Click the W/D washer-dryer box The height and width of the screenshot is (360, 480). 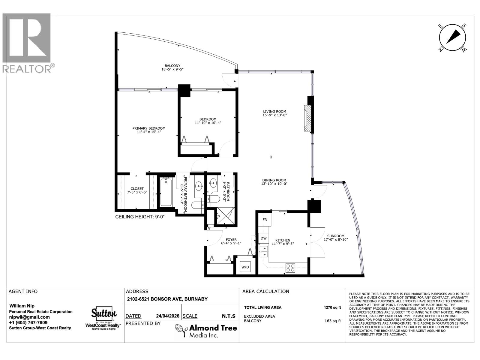pyautogui.click(x=245, y=267)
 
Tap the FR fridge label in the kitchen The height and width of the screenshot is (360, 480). pyautogui.click(x=265, y=220)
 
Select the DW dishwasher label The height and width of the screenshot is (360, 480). pyautogui.click(x=263, y=238)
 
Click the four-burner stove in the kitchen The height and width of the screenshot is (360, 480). pyautogui.click(x=290, y=267)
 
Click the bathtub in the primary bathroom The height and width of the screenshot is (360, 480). pyautogui.click(x=166, y=192)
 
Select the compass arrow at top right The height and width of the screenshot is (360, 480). pyautogui.click(x=453, y=37)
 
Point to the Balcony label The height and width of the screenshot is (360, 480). pyautogui.click(x=172, y=66)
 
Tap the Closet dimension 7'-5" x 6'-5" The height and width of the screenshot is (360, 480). pyautogui.click(x=137, y=192)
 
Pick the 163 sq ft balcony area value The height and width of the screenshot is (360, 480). pyautogui.click(x=333, y=321)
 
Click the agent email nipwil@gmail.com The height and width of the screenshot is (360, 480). pyautogui.click(x=29, y=317)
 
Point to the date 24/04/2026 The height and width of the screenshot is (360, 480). pyautogui.click(x=167, y=316)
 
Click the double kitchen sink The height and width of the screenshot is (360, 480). pyautogui.click(x=264, y=251)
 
